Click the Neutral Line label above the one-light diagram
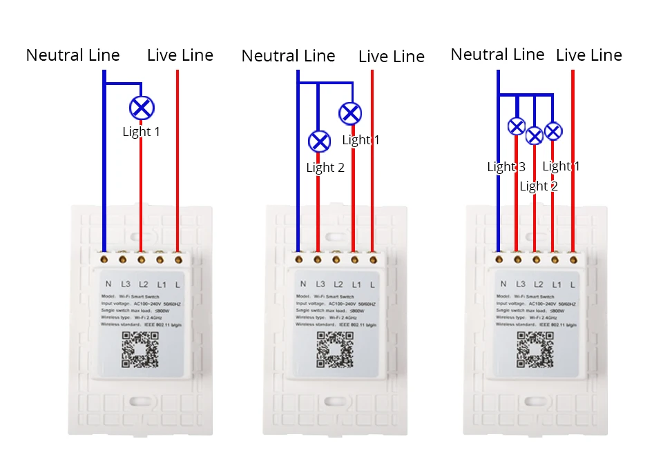(x=73, y=55)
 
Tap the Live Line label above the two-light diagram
(x=391, y=57)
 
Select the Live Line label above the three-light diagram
(x=588, y=55)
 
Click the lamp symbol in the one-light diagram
(x=142, y=108)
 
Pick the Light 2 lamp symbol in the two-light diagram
(x=318, y=141)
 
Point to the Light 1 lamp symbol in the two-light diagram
(x=351, y=113)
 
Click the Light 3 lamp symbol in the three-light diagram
(x=517, y=126)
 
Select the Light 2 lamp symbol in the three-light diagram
(x=535, y=135)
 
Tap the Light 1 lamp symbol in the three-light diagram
(x=552, y=130)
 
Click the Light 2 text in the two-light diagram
(x=325, y=168)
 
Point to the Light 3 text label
(x=506, y=166)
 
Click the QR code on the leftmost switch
(x=140, y=349)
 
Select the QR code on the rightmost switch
(x=535, y=349)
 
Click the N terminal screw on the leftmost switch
(x=104, y=260)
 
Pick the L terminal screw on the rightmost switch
(x=573, y=260)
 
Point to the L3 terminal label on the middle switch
(x=320, y=284)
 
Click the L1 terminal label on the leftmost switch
(x=162, y=284)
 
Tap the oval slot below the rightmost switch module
(x=535, y=401)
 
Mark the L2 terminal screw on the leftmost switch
(x=141, y=260)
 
